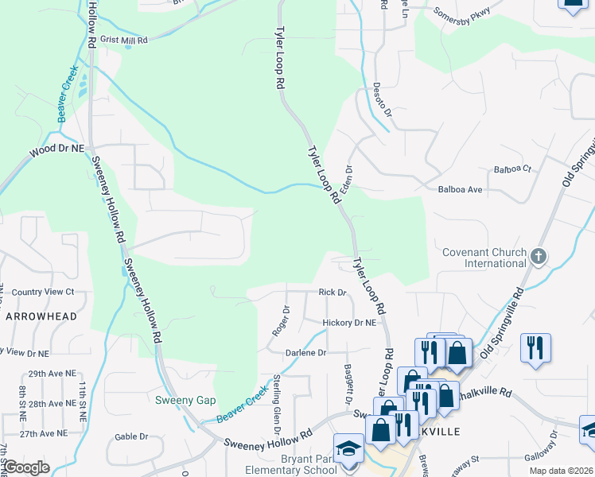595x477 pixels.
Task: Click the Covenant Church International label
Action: (x=484, y=258)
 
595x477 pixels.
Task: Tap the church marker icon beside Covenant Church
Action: (x=539, y=256)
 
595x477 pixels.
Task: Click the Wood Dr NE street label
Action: (x=56, y=149)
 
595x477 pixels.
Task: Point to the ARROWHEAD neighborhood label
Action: (x=41, y=316)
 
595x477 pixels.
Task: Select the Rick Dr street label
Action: (x=332, y=293)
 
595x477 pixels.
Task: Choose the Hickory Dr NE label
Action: (x=348, y=323)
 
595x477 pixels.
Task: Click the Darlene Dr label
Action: (x=305, y=352)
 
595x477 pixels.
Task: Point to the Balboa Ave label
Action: (x=461, y=190)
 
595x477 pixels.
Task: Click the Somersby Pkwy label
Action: (x=462, y=14)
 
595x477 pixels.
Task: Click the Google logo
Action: (x=27, y=468)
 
